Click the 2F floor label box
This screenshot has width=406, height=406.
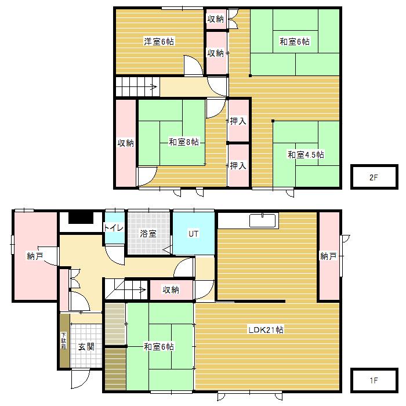coord(374,177)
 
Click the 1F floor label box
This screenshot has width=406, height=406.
coord(374,380)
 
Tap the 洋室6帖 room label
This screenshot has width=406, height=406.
coord(159,41)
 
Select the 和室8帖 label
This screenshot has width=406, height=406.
coord(184,142)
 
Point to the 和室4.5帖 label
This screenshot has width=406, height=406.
coord(306,155)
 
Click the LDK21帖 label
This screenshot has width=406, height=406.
coord(266,330)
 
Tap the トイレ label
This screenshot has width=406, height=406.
coord(114,227)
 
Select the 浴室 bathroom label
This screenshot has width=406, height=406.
coord(148,233)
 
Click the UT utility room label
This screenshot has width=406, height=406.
coord(193,234)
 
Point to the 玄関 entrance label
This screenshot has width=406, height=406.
coord(86,346)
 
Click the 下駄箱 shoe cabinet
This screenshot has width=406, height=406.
coord(64,340)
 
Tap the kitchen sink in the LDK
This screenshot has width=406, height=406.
coord(262,221)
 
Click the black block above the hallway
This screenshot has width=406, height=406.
coord(81,217)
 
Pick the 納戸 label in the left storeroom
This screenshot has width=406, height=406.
coord(35,256)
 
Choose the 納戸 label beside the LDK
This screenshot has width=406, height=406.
coord(328,256)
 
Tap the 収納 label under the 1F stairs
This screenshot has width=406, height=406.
coord(171,289)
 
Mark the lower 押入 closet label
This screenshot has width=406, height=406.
coord(238,165)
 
